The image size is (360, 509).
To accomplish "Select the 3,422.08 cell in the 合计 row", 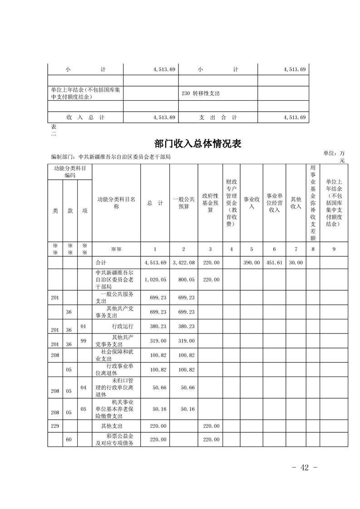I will pyautogui.click(x=183, y=263).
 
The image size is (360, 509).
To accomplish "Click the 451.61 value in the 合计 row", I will pyautogui.click(x=274, y=263).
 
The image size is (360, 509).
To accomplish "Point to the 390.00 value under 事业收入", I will pyautogui.click(x=252, y=263).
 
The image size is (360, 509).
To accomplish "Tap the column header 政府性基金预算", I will pyautogui.click(x=210, y=203).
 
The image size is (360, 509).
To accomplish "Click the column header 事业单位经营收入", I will pyautogui.click(x=274, y=203).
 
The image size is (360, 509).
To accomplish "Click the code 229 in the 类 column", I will pyautogui.click(x=55, y=426).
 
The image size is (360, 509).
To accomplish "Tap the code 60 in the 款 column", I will pyautogui.click(x=69, y=440).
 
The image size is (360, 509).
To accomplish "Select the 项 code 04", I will pyautogui.click(x=84, y=387).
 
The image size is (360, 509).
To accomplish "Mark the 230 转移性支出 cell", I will pyautogui.click(x=200, y=93).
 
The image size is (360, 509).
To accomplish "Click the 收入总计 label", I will pyautogui.click(x=85, y=117).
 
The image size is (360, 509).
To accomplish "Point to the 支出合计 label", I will pyautogui.click(x=218, y=117).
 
